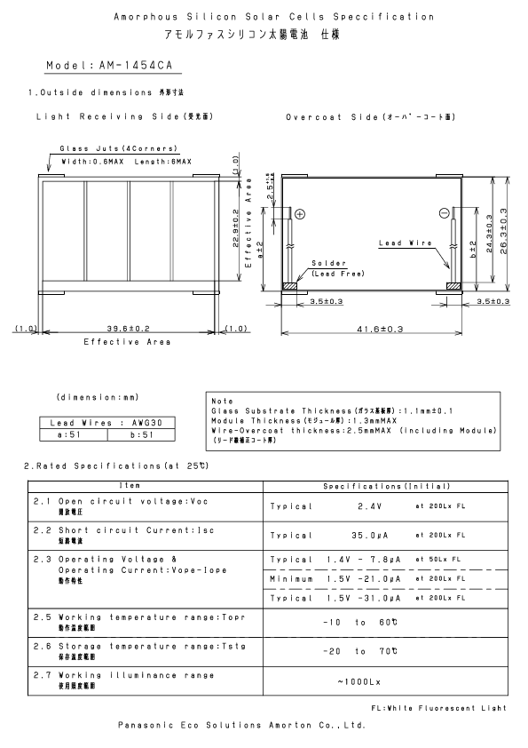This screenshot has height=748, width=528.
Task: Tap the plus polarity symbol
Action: tap(299, 214)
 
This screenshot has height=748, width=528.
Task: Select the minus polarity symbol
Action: tap(444, 213)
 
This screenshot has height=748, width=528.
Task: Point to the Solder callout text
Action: tap(325, 264)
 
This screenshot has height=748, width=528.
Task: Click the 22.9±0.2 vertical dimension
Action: tap(235, 228)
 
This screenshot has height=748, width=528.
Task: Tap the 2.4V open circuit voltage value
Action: tap(369, 506)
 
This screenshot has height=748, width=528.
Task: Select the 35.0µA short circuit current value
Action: tap(369, 536)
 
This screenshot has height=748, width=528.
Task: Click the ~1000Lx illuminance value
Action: tap(358, 682)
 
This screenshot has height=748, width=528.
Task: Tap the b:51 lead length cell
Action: tap(138, 435)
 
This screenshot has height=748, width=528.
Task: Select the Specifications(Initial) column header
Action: tap(387, 487)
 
